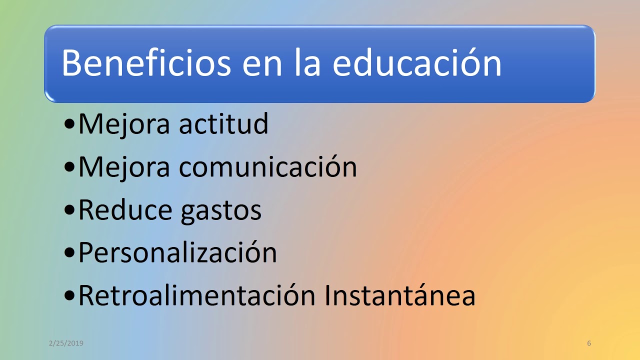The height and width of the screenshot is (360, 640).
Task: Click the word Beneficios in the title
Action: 146,63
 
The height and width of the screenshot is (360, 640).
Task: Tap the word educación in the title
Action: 417,63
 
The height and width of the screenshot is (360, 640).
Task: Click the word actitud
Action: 223,124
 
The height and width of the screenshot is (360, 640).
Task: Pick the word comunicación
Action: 268,167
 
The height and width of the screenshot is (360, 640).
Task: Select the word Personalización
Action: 177,253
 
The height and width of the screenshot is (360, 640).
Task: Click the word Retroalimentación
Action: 197,295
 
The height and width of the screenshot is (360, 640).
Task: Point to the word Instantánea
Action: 399,295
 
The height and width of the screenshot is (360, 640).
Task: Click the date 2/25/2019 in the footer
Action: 66,343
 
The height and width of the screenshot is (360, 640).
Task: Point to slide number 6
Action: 589,343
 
